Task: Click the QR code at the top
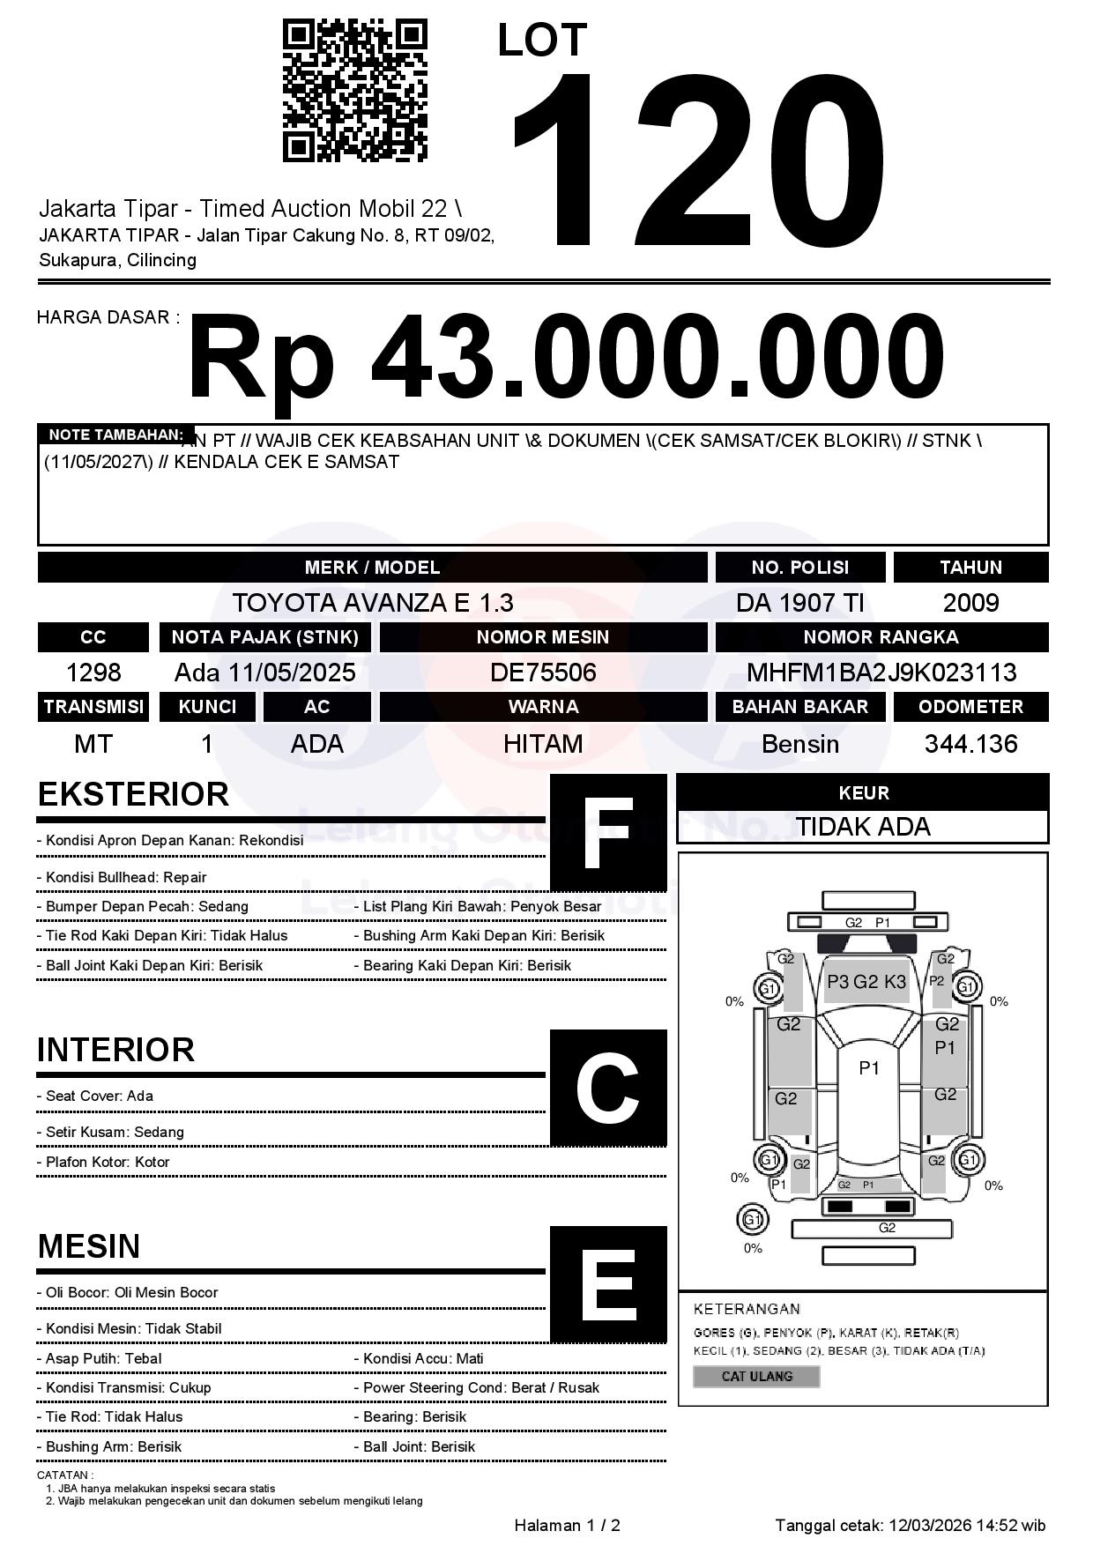coord(354,91)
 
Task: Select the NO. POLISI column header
coord(799,568)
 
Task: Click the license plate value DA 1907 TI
coord(799,603)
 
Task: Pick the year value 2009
coord(970,603)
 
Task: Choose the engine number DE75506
coord(543,673)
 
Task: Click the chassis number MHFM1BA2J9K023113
coord(881,673)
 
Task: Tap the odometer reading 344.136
coord(970,744)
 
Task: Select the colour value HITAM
coord(543,744)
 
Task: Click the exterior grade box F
coord(608,833)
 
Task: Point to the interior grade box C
coord(608,1088)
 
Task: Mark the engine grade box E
coord(608,1284)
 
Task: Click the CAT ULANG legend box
coord(756,1376)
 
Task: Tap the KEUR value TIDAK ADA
coord(863,827)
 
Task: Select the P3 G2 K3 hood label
coord(866,982)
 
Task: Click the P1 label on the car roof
coord(869,1068)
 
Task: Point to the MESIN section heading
coord(89,1246)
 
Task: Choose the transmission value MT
coord(93,744)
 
